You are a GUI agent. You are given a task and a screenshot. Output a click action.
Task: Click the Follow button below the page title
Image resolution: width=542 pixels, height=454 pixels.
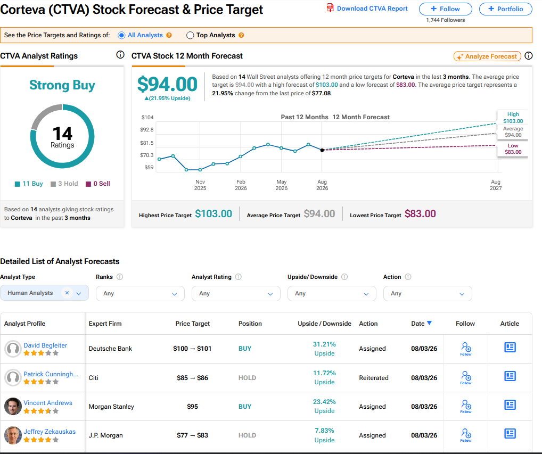pos(445,9)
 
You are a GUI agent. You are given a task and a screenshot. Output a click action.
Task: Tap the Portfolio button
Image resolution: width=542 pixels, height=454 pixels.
pos(505,9)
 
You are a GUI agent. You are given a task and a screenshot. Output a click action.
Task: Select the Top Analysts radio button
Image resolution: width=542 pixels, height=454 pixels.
pos(190,35)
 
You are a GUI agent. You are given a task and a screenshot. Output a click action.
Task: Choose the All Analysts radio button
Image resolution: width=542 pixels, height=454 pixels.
pos(121,35)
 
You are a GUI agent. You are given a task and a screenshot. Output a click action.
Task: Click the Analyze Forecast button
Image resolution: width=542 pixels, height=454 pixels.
pos(487,56)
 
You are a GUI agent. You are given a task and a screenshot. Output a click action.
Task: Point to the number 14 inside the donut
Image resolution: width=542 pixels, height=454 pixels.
pos(62,134)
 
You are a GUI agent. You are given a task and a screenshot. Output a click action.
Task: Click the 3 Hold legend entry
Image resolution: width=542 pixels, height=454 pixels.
pos(64,184)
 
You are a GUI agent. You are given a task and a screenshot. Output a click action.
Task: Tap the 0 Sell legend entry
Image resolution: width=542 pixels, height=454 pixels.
pos(98,184)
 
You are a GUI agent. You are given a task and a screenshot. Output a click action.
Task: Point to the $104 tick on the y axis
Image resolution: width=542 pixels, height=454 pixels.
pos(147,118)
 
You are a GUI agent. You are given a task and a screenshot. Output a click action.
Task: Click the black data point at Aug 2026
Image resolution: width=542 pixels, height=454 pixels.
pos(322,150)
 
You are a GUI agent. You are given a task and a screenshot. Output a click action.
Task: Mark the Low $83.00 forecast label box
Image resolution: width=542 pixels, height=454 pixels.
pos(513,149)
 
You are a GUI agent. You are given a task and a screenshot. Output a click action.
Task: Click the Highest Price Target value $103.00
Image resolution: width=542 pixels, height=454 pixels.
pos(213,214)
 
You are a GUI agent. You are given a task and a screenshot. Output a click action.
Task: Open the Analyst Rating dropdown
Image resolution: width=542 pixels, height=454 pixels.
pos(236,293)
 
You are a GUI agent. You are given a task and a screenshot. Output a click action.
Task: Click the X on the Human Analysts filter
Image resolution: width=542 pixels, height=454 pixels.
pos(67,293)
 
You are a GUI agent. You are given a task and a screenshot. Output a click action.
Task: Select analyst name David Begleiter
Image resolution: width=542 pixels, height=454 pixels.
pos(45,345)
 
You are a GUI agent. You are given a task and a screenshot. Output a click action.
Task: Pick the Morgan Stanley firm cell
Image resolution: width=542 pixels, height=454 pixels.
pos(111,407)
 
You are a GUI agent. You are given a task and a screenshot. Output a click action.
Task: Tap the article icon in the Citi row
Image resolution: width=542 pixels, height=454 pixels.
pos(510,376)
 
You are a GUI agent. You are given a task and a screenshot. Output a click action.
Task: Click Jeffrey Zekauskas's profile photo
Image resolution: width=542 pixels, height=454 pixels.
pos(13,435)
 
